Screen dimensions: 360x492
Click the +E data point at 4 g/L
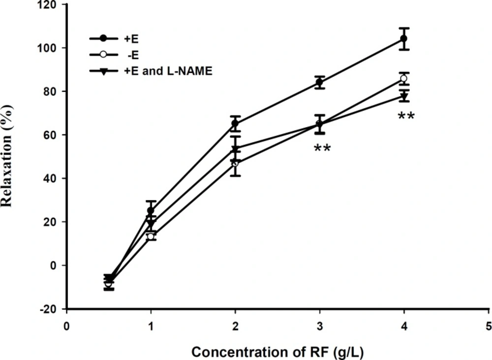404,38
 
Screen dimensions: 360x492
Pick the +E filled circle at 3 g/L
320,83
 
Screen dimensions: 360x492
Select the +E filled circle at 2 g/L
235,123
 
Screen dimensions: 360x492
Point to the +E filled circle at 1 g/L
151,211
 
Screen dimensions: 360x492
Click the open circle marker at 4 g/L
404,78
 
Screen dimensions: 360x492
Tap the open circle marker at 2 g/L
235,163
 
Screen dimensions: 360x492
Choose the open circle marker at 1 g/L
151,236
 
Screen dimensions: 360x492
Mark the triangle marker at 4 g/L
404,96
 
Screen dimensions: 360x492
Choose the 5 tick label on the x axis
489,327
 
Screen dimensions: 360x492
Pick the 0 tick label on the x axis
66,327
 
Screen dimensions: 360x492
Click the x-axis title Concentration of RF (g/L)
277,352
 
